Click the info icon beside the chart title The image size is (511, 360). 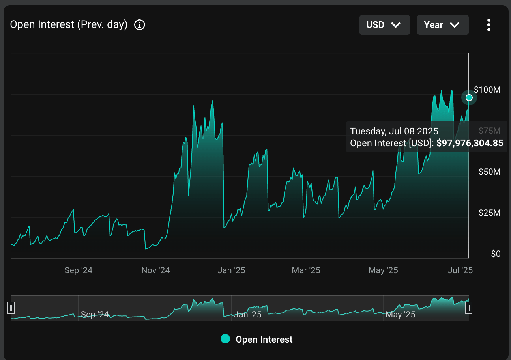click(x=140, y=25)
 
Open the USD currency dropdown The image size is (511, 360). click(x=384, y=25)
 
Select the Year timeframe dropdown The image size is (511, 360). click(x=442, y=25)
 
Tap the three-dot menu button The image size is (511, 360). click(x=489, y=25)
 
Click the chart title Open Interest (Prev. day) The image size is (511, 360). click(x=69, y=25)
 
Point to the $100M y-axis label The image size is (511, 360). click(x=487, y=90)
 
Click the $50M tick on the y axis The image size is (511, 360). click(x=489, y=172)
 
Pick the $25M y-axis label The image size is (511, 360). click(x=489, y=213)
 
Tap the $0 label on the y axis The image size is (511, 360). click(x=496, y=254)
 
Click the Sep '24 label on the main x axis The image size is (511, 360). click(x=78, y=270)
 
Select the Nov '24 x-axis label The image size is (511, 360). click(x=155, y=270)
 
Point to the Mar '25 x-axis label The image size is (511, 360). click(x=306, y=270)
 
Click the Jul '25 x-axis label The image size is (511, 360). click(x=460, y=270)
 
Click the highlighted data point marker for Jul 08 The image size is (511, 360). click(x=469, y=97)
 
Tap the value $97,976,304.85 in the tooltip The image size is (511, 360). click(x=470, y=144)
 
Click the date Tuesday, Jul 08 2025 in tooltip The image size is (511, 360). click(x=394, y=132)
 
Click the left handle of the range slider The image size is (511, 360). click(x=11, y=308)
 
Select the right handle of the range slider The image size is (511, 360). click(x=469, y=308)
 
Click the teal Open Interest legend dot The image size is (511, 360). click(x=225, y=339)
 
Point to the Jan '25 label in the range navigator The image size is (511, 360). click(x=248, y=315)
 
